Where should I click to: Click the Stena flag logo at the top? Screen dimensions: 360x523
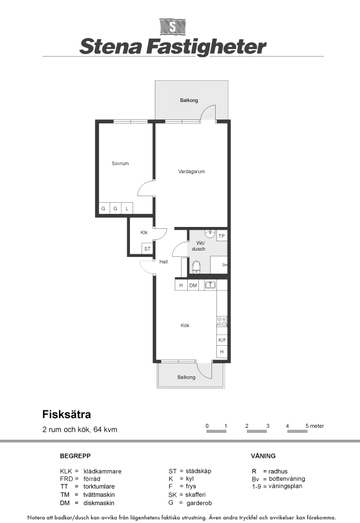point(172,27)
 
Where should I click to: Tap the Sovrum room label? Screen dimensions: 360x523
point(120,164)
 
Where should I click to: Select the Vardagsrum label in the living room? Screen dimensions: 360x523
point(192,172)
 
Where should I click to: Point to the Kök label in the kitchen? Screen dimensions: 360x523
point(185,325)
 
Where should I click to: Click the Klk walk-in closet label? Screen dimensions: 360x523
point(144,233)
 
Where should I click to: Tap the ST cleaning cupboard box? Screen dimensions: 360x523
point(147,249)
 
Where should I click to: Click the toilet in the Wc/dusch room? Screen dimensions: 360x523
point(196,267)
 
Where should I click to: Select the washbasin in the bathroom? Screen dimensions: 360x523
point(210,233)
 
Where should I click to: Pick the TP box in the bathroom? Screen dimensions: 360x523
point(222,236)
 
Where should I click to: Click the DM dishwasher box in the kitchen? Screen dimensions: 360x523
point(193,285)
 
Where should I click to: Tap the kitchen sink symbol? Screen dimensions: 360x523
point(210,285)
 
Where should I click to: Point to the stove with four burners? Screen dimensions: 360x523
point(222,322)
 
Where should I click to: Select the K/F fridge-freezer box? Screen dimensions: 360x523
point(222,340)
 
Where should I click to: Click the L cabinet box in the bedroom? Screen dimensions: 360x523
point(127,208)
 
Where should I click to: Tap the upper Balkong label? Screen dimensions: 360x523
point(189,100)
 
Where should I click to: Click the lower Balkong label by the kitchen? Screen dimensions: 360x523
point(187,377)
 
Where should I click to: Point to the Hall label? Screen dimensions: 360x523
point(164,262)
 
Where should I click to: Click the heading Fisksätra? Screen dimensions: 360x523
point(67,414)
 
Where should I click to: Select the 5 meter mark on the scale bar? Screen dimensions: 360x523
point(315,426)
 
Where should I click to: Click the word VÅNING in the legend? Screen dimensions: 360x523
point(264,456)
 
